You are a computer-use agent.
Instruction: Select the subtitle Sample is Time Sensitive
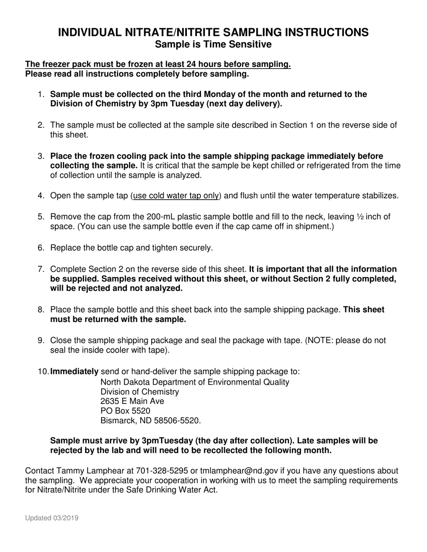pyautogui.click(x=213, y=44)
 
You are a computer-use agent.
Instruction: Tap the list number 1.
pyautogui.click(x=40, y=95)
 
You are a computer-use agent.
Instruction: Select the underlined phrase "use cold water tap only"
pyautogui.click(x=176, y=196)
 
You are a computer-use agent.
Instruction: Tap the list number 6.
pyautogui.click(x=40, y=248)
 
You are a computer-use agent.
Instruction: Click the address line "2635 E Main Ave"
pyautogui.click(x=132, y=401)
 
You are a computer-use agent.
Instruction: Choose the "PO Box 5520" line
pyautogui.click(x=125, y=411)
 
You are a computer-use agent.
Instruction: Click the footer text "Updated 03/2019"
pyautogui.click(x=52, y=518)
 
